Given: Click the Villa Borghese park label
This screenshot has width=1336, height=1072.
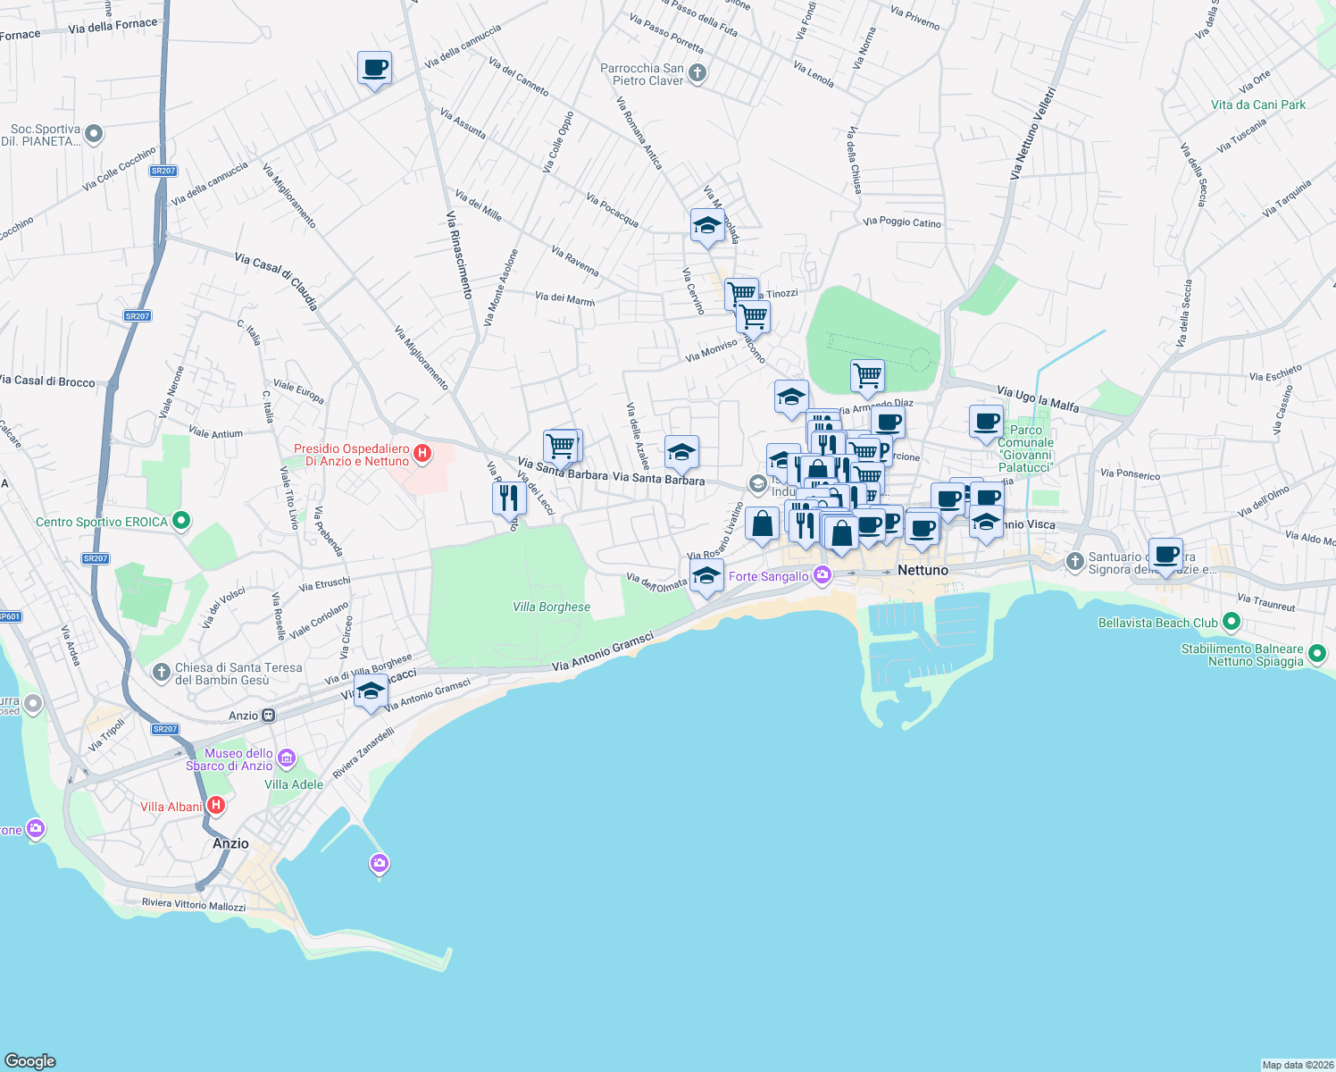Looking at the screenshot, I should tap(551, 607).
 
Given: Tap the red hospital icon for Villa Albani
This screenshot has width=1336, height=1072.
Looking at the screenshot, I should tap(215, 806).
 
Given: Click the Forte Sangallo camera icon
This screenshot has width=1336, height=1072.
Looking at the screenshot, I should tap(822, 575).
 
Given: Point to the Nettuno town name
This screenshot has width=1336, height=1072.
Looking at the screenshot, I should tap(923, 570).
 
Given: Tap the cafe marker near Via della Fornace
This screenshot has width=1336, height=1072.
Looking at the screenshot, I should tap(374, 68).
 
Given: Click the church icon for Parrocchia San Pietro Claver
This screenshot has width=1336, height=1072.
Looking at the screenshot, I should tap(697, 74).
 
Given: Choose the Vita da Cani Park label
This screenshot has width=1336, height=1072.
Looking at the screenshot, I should tap(1257, 105).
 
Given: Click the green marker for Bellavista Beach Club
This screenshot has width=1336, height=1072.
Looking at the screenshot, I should tap(1232, 622).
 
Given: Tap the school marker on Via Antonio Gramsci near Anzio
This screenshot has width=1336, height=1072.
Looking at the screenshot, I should tap(371, 691).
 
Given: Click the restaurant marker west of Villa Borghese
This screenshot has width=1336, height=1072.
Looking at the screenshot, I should tap(509, 498).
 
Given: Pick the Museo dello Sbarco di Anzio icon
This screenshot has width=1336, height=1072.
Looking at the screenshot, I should tap(287, 759).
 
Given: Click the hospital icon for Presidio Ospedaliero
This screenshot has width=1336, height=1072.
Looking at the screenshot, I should tap(422, 454).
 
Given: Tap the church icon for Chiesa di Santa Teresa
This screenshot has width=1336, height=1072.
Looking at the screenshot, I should tap(162, 673).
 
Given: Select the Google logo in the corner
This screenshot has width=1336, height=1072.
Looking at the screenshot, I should tap(30, 1060).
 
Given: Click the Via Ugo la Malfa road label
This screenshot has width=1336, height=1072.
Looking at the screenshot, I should tap(1037, 398).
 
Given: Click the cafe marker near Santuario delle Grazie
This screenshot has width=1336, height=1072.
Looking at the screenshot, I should tap(1165, 555).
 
